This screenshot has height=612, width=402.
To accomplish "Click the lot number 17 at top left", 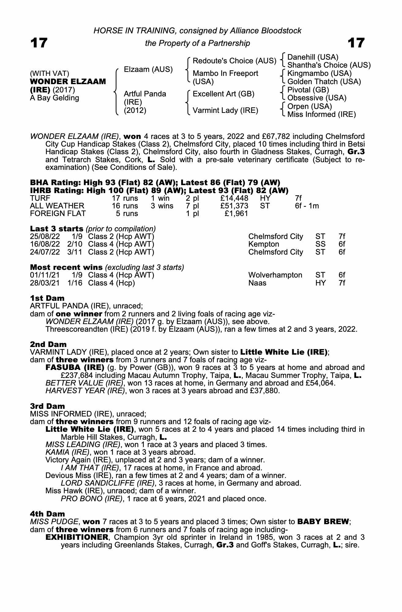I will pyautogui.click(x=39, y=43).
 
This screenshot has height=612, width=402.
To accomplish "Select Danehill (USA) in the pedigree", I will pyautogui.click(x=313, y=57).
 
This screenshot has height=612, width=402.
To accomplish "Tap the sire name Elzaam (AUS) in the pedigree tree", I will pyautogui.click(x=148, y=69).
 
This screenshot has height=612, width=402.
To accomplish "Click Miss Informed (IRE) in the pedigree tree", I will pyautogui.click(x=322, y=114).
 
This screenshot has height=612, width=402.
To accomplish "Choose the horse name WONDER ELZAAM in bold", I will pyautogui.click(x=68, y=82).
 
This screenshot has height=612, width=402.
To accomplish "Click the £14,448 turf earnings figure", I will pyautogui.click(x=234, y=198).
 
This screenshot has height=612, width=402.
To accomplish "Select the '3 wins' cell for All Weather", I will pyautogui.click(x=162, y=206).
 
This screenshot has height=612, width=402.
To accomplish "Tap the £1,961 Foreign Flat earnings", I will pyautogui.click(x=236, y=214).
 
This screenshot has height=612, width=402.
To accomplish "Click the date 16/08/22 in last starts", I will pyautogui.click(x=45, y=244).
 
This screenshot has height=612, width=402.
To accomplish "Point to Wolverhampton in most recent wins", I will pyautogui.click(x=275, y=275).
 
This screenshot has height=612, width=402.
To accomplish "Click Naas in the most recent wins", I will pyautogui.click(x=257, y=283).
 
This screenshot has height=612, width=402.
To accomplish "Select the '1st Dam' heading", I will pyautogui.click(x=47, y=298).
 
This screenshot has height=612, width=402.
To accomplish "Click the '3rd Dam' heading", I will pyautogui.click(x=47, y=406).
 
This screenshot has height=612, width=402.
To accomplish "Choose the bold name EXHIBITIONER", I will pyautogui.click(x=77, y=537).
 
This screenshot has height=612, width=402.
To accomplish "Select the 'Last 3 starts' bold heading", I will pyautogui.click(x=57, y=229).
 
